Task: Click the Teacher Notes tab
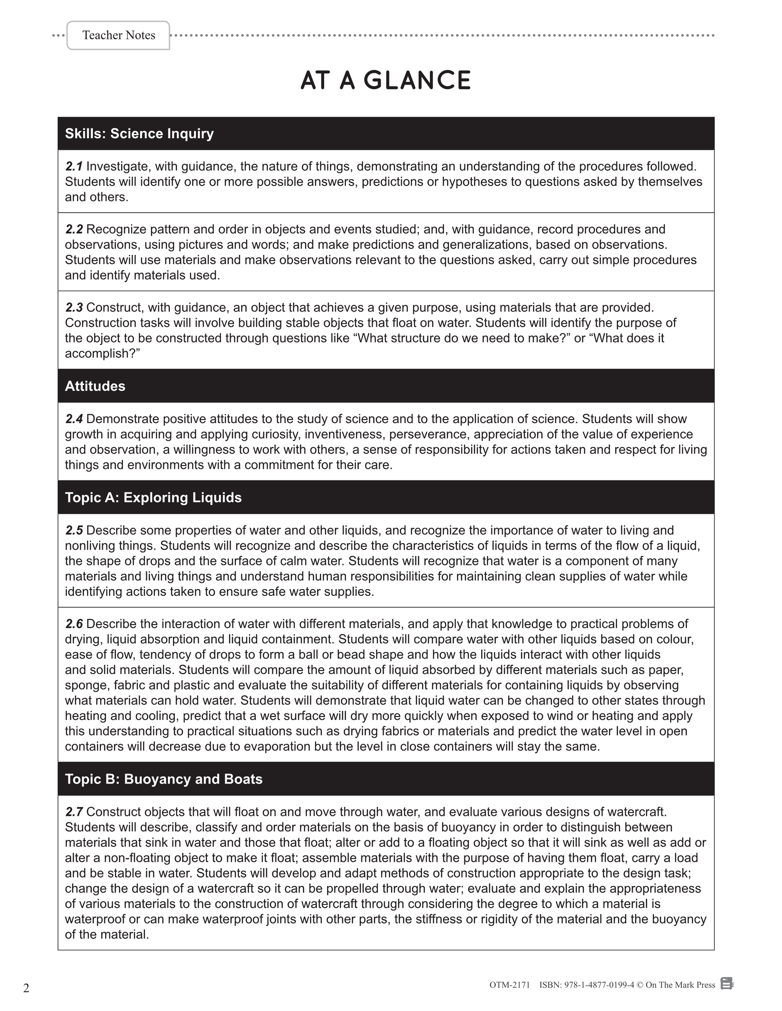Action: (119, 35)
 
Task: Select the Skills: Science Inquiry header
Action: (139, 134)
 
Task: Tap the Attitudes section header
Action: (95, 386)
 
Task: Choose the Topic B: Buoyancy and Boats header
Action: (163, 779)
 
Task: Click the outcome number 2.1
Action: (74, 166)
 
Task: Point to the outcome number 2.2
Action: (74, 229)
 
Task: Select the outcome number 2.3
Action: (74, 307)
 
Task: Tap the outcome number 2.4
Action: (74, 419)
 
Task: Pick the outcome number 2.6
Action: (74, 624)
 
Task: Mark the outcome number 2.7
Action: (74, 812)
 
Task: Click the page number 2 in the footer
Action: (26, 988)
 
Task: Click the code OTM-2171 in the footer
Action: (509, 985)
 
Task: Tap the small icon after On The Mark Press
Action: (727, 984)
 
